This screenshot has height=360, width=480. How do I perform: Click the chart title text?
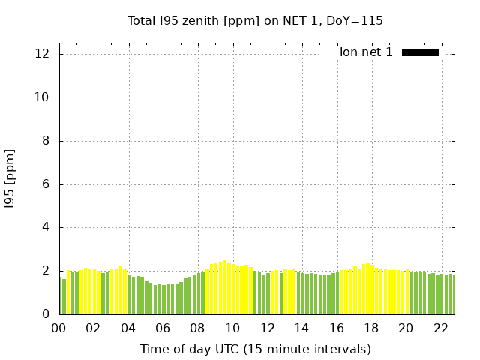255,20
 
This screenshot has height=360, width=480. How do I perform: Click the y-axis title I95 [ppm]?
10,178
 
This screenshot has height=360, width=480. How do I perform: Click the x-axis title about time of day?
255,349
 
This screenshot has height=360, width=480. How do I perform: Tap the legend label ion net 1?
366,52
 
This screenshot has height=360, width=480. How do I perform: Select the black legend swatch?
420,52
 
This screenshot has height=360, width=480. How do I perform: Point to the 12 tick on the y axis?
42,54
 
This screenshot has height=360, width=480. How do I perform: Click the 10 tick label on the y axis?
42,97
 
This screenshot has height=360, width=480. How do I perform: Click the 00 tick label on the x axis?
59,328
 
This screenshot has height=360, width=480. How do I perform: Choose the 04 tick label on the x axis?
128,328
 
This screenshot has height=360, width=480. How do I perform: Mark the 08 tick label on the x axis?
198,328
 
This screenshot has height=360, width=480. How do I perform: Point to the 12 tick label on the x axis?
267,328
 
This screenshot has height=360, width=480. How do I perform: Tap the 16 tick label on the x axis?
337,328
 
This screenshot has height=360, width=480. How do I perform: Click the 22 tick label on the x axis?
440,328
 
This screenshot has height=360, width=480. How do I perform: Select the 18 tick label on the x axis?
371,328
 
